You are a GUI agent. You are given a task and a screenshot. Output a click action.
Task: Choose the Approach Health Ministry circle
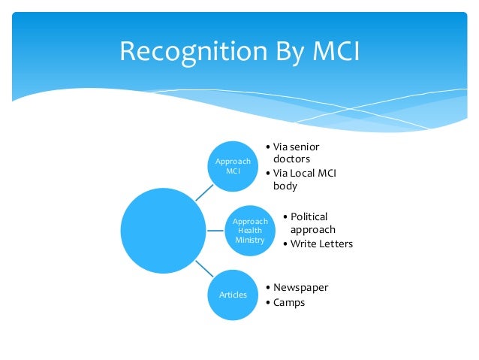[x=249, y=230]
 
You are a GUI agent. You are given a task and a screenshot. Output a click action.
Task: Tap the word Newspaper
[x=300, y=287]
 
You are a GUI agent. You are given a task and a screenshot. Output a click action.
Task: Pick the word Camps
[x=289, y=303]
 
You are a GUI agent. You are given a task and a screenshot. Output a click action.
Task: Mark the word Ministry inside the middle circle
[x=249, y=241]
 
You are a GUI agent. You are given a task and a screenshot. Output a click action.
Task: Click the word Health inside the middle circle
[x=249, y=231]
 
